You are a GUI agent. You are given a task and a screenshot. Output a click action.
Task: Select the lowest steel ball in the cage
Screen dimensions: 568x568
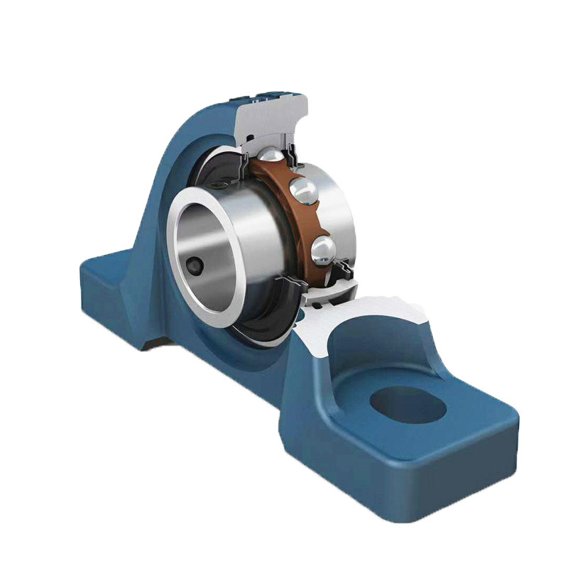(322, 249)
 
